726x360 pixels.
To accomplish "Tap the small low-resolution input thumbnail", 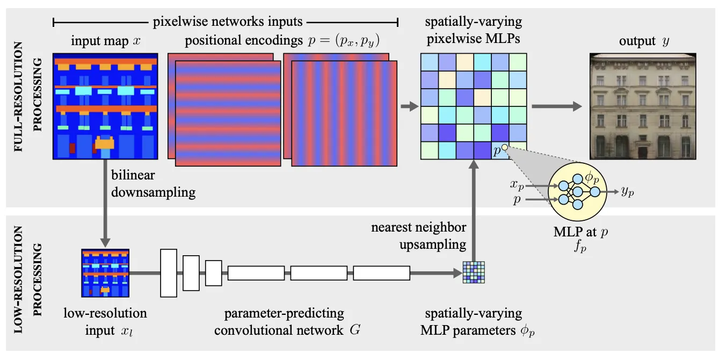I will coord(105,273).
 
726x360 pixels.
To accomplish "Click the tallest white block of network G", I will coord(169,273).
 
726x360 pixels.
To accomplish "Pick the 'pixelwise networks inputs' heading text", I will coord(228,22).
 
